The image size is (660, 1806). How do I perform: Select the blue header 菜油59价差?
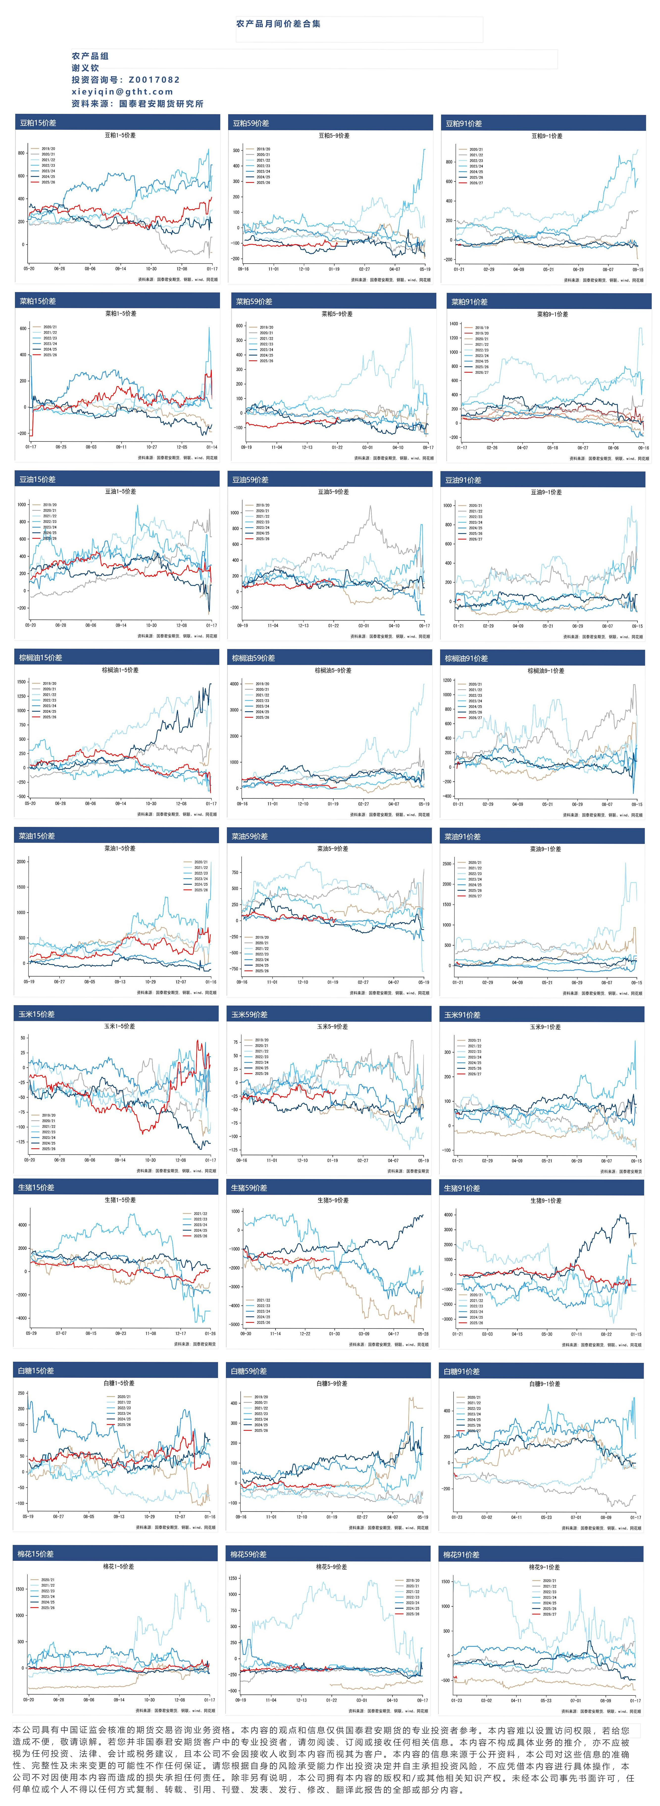250,836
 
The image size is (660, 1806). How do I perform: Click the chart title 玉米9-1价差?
545,1027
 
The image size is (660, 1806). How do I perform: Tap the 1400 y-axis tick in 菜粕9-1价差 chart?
454,324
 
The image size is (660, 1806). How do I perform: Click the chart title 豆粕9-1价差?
547,136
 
